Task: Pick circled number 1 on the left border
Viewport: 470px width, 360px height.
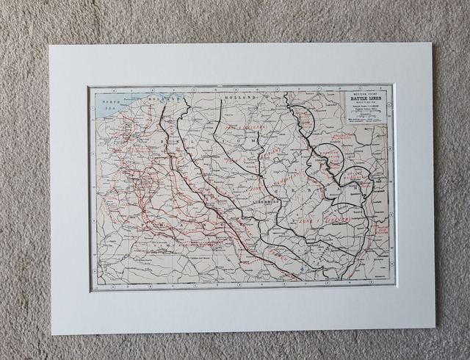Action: (x=92, y=110)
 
